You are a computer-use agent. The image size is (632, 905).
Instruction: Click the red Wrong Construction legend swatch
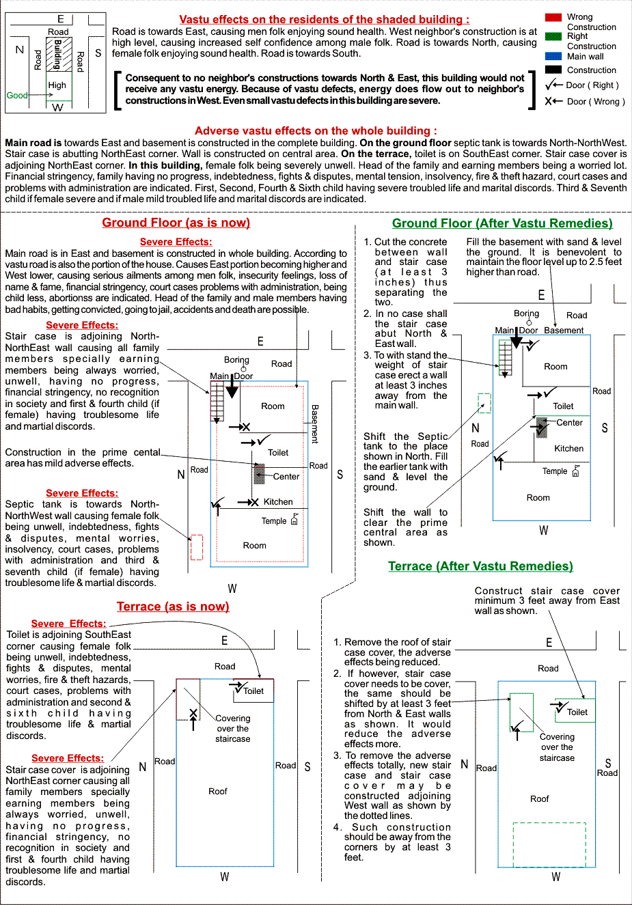click(553, 17)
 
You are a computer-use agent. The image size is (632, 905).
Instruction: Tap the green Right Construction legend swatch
click(553, 36)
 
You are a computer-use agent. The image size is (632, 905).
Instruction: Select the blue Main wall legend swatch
click(553, 56)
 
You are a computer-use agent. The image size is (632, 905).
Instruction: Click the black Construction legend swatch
click(553, 70)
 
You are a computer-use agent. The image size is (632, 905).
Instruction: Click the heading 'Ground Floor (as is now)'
click(176, 223)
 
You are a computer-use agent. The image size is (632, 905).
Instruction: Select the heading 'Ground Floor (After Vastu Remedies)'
click(502, 223)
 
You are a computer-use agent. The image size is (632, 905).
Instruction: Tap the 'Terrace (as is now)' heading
click(173, 607)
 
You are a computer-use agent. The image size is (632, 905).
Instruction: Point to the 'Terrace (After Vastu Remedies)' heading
click(480, 566)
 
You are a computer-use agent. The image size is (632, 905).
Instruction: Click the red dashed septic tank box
click(197, 548)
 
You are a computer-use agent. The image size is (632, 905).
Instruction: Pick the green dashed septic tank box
click(484, 403)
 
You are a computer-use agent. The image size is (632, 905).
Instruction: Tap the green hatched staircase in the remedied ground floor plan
click(506, 357)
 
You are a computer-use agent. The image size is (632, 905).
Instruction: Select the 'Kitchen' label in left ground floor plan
click(278, 502)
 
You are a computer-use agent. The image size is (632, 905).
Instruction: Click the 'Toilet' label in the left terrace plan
click(253, 691)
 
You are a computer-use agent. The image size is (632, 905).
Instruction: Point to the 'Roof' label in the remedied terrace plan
click(539, 799)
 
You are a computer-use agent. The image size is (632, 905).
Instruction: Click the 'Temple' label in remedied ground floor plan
click(555, 471)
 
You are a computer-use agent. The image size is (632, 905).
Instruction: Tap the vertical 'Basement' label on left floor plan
click(315, 423)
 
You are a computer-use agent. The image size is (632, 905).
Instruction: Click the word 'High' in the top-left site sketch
click(57, 85)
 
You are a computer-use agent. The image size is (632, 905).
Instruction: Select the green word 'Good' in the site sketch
click(17, 96)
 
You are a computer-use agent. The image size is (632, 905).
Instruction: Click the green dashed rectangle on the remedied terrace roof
click(549, 844)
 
